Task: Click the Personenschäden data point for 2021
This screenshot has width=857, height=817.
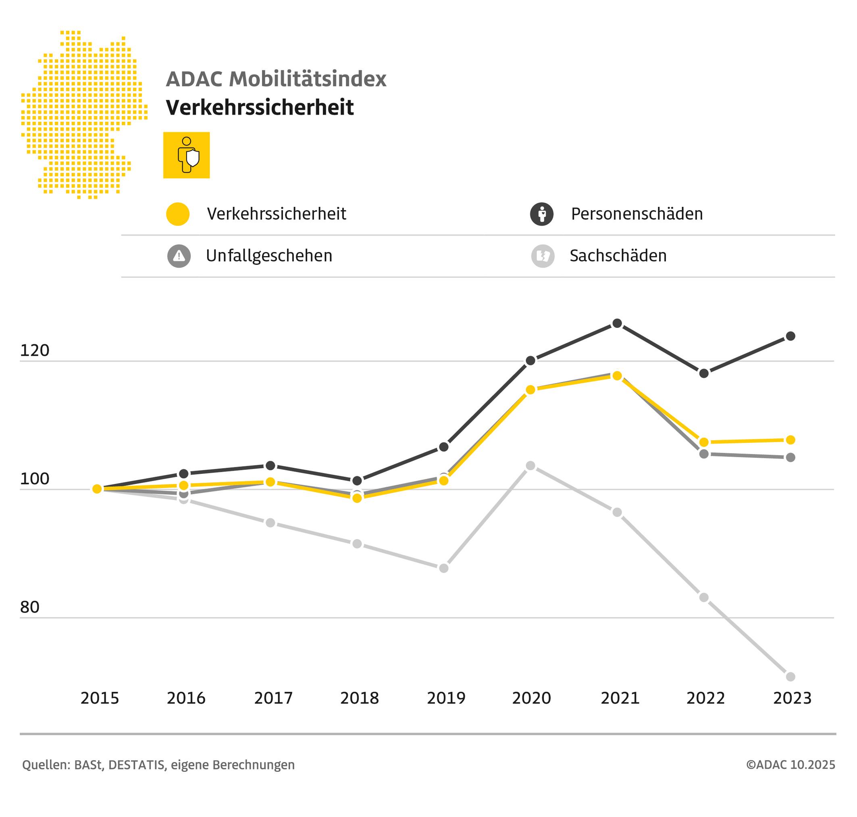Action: (617, 323)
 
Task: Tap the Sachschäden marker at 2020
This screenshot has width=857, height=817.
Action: (530, 465)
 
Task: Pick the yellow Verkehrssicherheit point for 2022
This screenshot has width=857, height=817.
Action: (704, 442)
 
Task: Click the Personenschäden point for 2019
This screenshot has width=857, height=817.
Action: (443, 447)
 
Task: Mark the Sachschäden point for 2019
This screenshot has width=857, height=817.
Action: (443, 568)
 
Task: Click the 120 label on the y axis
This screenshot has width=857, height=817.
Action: (34, 350)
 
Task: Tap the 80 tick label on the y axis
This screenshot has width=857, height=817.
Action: (29, 607)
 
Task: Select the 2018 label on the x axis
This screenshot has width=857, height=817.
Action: (360, 698)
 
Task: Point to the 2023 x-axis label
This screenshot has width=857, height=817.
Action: (792, 698)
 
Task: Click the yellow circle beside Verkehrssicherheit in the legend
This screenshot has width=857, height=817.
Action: (178, 214)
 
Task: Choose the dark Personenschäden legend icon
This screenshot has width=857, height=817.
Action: (541, 214)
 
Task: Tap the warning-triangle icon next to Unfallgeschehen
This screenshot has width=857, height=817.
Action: (179, 256)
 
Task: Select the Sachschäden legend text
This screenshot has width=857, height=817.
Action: (618, 256)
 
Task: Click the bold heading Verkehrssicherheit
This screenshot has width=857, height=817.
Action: (260, 107)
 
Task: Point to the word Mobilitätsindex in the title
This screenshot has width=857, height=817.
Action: (308, 79)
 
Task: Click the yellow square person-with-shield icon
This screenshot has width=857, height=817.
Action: (186, 155)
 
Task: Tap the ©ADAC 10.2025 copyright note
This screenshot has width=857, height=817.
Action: (790, 764)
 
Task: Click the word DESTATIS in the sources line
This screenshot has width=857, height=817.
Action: (136, 765)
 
